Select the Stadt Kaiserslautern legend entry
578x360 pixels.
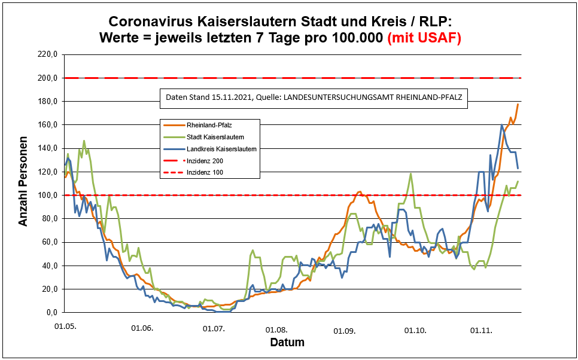(x=206, y=137)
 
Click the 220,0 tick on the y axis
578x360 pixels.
(x=47, y=54)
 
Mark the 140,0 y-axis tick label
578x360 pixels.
(x=47, y=148)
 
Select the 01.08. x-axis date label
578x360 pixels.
(x=277, y=330)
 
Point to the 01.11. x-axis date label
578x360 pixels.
(x=481, y=330)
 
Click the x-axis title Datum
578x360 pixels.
(x=287, y=343)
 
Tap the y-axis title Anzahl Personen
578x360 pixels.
(x=23, y=184)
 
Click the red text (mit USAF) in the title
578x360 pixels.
(x=425, y=38)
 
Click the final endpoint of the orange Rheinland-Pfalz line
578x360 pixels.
(x=518, y=104)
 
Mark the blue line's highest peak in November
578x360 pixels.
(x=501, y=124)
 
